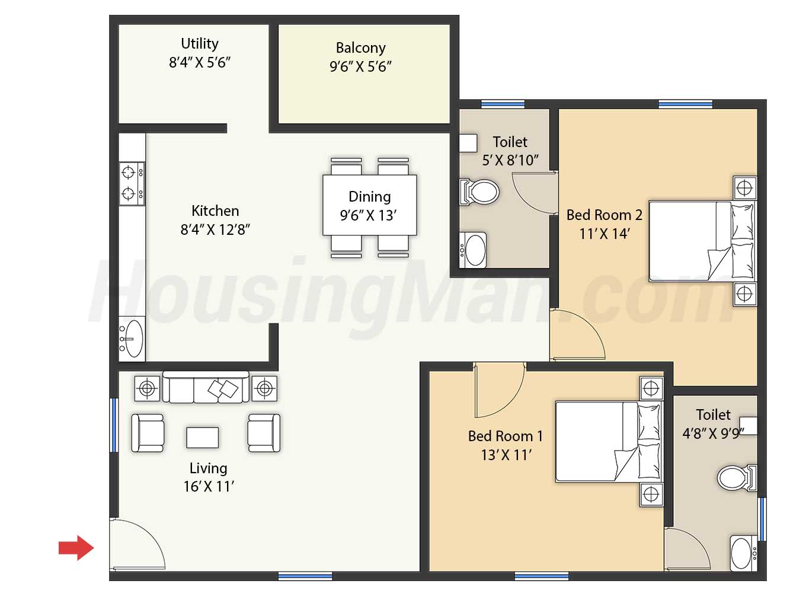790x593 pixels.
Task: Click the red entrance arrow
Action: click(76, 548)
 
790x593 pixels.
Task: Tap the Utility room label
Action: click(199, 43)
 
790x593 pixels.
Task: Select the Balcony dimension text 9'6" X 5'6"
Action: click(360, 66)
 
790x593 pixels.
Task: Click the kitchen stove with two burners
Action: click(132, 184)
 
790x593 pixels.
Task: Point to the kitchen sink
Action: click(132, 339)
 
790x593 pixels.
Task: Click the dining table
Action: click(370, 205)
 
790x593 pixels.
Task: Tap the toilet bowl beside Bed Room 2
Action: click(479, 192)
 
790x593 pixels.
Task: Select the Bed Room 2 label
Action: click(605, 215)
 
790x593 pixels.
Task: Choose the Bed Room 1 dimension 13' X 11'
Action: click(506, 455)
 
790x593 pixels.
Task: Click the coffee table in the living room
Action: click(202, 438)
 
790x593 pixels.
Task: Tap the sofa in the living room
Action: click(206, 387)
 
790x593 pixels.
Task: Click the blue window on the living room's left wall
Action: click(114, 425)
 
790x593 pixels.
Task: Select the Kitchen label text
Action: click(215, 211)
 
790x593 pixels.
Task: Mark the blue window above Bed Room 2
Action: click(685, 104)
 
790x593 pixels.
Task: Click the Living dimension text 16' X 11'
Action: click(209, 486)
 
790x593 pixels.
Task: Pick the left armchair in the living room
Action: click(147, 433)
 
